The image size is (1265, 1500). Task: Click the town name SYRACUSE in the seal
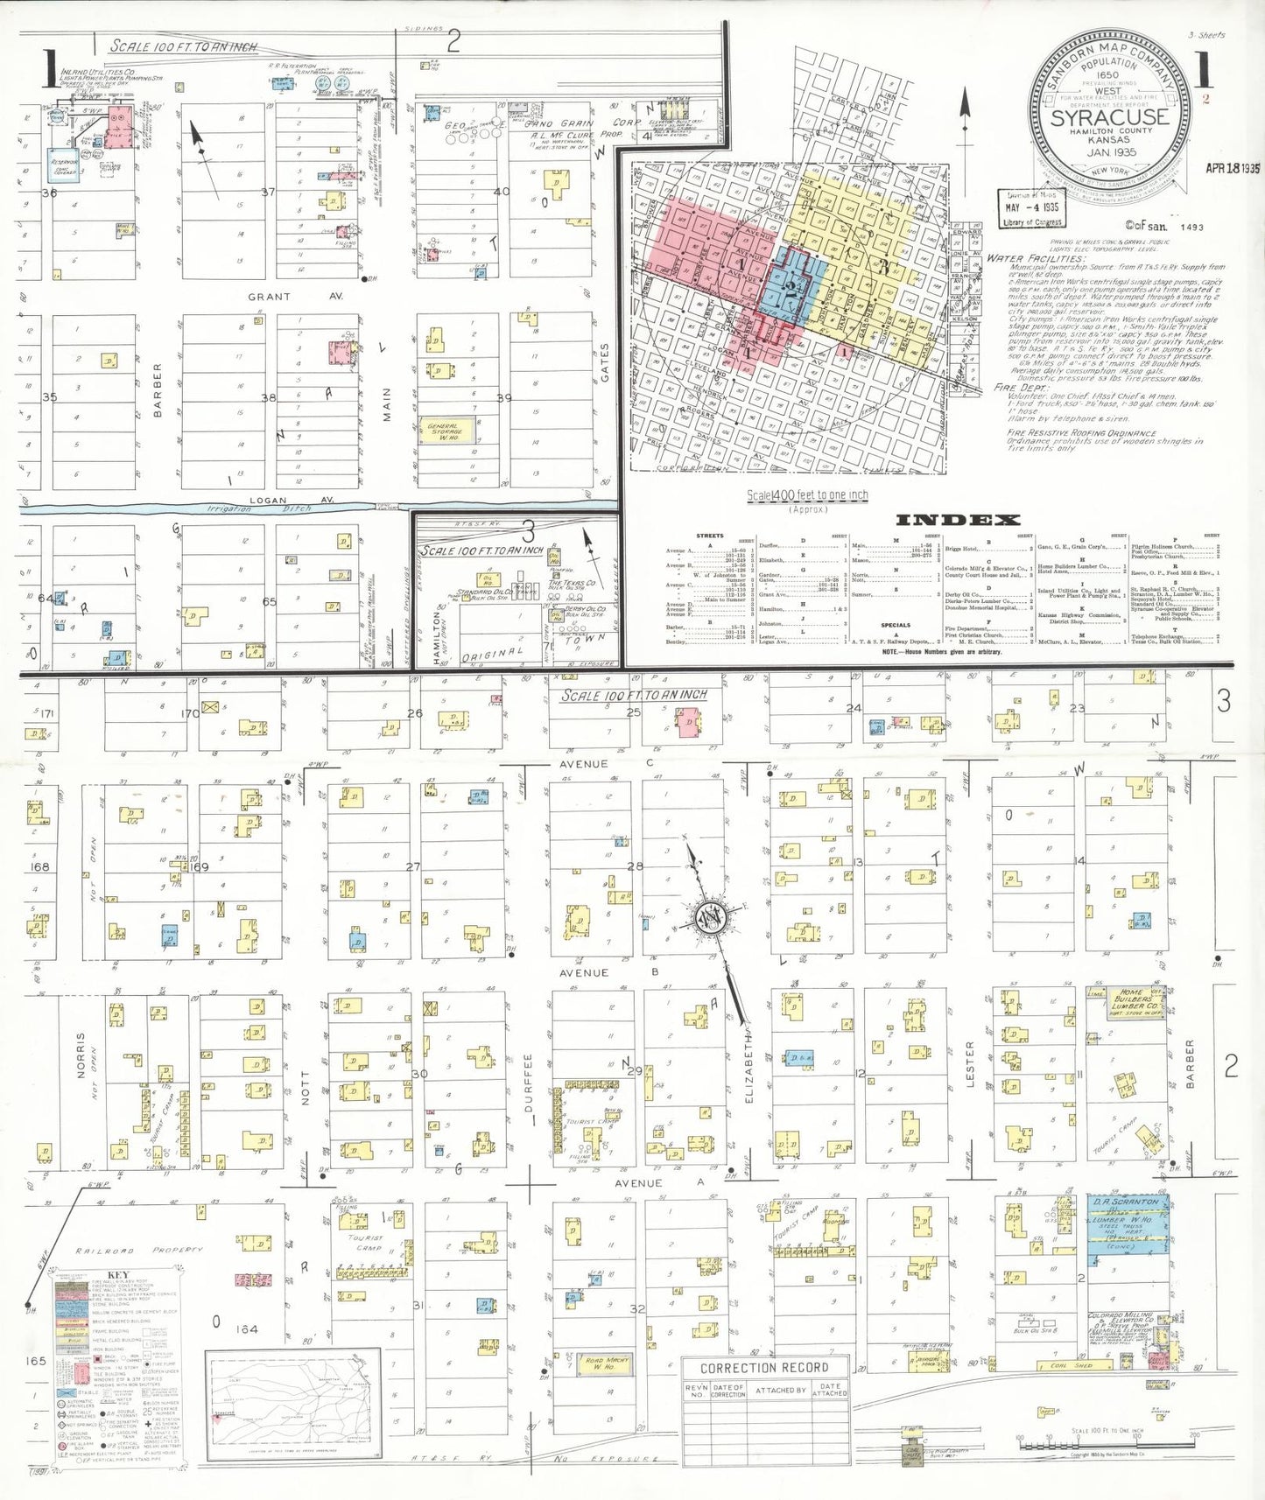coord(1109,117)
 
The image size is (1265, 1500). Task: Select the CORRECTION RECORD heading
coord(764,1368)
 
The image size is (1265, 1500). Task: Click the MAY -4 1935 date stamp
coord(1031,208)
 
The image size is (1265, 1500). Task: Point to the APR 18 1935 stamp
coord(1232,168)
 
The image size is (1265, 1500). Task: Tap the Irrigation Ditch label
coord(235,508)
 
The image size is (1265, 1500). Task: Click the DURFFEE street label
coord(529,1083)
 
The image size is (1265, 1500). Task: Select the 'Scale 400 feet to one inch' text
coord(807,495)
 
